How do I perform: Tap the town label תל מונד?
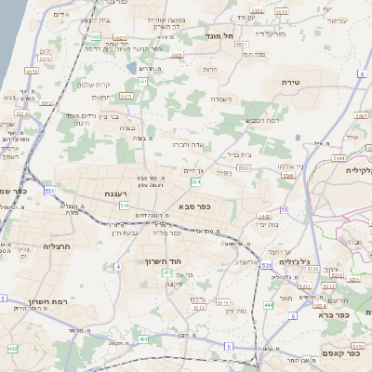coord(224,35)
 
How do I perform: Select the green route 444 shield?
coord(268,304)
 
